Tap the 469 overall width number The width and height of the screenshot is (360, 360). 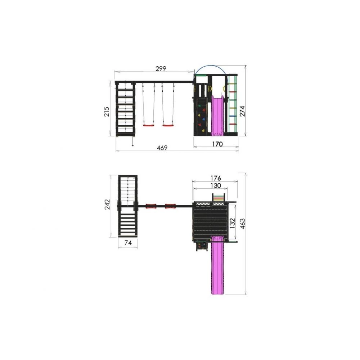(x=162, y=148)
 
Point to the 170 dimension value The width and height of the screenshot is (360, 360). (x=217, y=144)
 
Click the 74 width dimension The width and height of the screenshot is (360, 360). (x=128, y=243)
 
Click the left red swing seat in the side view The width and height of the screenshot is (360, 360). (x=148, y=125)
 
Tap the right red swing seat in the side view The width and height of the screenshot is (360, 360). (x=168, y=125)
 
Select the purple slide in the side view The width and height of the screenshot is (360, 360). (x=217, y=115)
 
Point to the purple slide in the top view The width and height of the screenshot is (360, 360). (x=217, y=266)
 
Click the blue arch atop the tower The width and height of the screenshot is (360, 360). (x=211, y=67)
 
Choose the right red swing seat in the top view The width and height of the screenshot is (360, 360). (x=170, y=206)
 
